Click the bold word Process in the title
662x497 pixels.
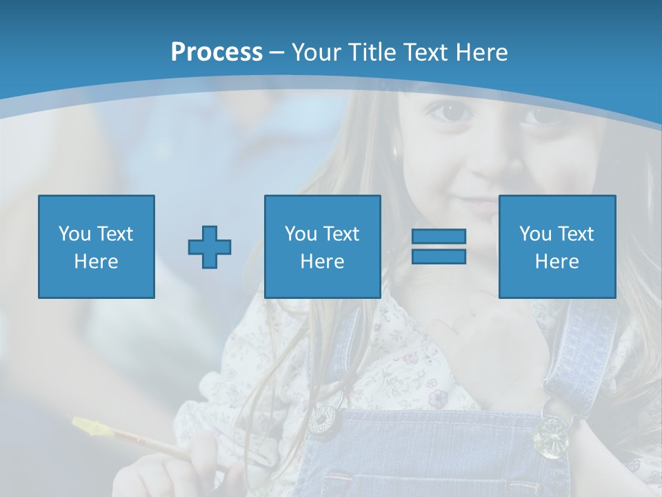[217, 52]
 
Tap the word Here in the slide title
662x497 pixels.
[481, 52]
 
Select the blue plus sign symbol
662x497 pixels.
[210, 246]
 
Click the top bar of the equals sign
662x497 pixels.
[439, 237]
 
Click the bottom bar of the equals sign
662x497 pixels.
[439, 257]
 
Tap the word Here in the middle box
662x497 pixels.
[323, 262]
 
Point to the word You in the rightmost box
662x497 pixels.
[535, 234]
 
